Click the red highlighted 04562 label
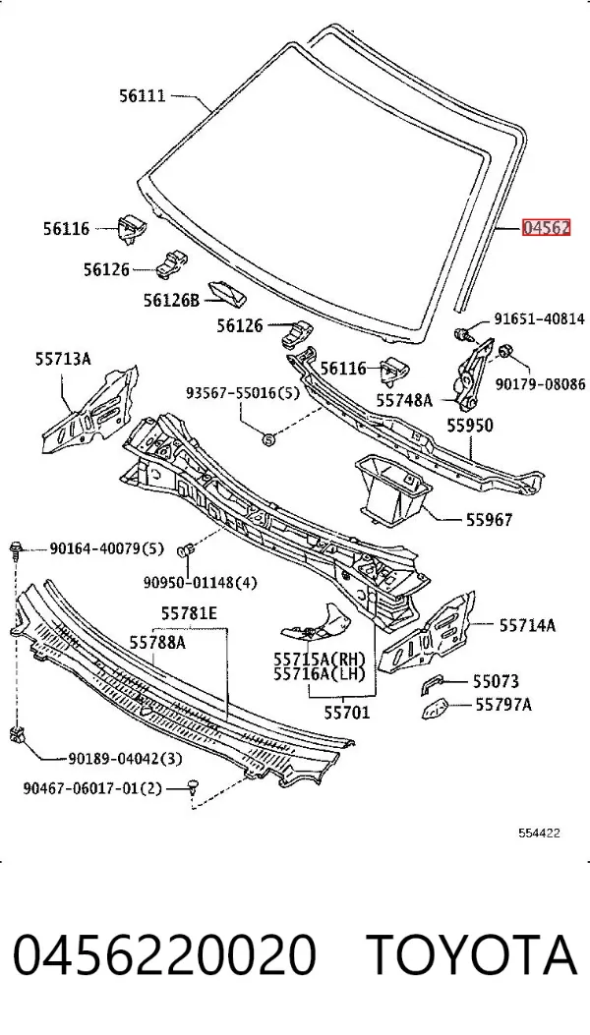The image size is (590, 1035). coord(546,228)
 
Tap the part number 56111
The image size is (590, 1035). coord(142,95)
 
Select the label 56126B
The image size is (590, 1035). coord(171,301)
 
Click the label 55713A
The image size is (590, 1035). coord(63,359)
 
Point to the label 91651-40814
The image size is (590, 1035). coord(540,319)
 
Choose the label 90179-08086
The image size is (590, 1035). coord(540,383)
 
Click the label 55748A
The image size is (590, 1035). coord(404,399)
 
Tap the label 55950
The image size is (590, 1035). coord(470,425)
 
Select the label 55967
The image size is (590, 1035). coord(489,520)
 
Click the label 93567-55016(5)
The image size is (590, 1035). coord(243,393)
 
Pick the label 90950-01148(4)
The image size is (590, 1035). coord(201,583)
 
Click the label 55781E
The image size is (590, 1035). coord(189,614)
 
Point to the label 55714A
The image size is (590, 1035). coord(526,624)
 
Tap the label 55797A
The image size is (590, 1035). coord(503,705)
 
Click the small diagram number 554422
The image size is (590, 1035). coord(539,834)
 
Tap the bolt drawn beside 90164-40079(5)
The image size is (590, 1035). coord(16,548)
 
